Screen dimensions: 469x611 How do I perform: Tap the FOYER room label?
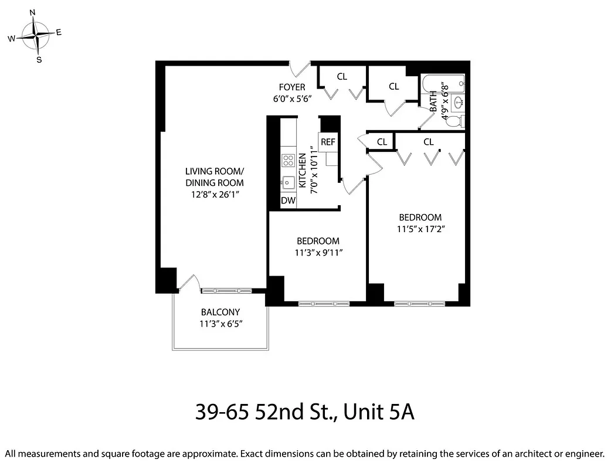coord(291,87)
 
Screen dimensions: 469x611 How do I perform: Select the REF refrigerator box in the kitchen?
coord(328,142)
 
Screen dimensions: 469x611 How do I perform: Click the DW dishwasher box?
coord(288,200)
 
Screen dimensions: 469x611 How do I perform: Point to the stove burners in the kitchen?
coord(288,160)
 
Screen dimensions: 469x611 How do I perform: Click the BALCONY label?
coord(220,312)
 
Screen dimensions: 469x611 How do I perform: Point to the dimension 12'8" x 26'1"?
coord(214,193)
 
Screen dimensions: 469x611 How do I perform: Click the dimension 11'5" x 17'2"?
coord(419,229)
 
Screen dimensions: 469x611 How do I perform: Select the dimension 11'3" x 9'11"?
coord(318,253)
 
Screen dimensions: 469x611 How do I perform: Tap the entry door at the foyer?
coord(301,69)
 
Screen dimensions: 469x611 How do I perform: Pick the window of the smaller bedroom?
coord(324,304)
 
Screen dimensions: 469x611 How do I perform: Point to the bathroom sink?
coord(458,103)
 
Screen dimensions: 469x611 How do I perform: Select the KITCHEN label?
coord(303,170)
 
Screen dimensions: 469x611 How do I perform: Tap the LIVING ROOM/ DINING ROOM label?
coord(214,176)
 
